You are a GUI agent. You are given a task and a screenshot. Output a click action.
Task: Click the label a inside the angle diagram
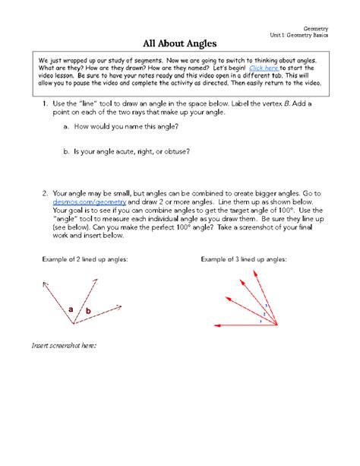(x=71, y=309)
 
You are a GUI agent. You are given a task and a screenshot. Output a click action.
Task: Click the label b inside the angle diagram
(x=88, y=312)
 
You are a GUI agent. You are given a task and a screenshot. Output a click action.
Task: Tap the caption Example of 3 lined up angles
(x=243, y=259)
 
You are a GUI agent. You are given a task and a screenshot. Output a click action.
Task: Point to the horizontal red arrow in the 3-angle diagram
(x=243, y=325)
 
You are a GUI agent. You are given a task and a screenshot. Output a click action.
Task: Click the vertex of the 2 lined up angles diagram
(x=74, y=325)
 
